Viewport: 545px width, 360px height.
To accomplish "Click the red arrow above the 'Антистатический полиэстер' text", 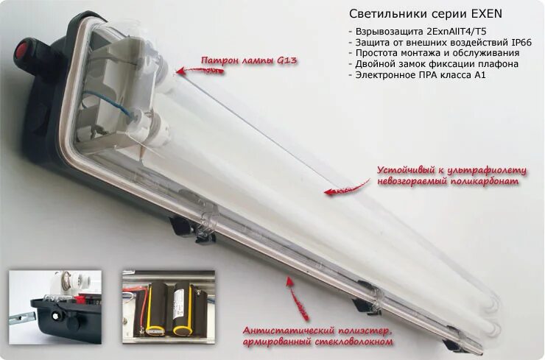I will [x=295, y=299].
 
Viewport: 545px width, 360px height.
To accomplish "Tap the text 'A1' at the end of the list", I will [x=479, y=74].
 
